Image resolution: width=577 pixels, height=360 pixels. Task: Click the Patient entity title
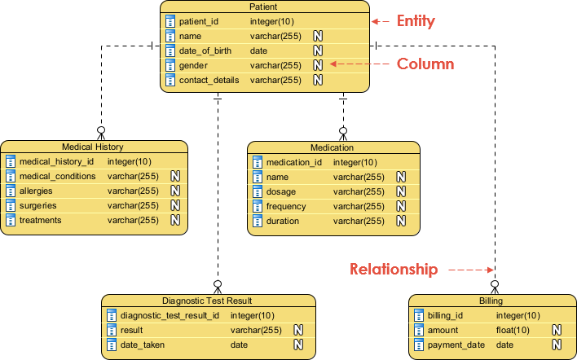(x=265, y=7)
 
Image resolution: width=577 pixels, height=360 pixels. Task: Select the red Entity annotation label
(x=416, y=21)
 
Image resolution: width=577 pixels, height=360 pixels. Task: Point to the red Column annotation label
(x=425, y=64)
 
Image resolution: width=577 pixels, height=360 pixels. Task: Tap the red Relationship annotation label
(x=394, y=270)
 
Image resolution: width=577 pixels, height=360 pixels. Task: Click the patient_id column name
(x=199, y=21)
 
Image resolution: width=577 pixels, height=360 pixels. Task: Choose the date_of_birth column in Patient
(x=206, y=50)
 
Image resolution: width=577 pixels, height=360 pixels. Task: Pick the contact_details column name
(x=209, y=80)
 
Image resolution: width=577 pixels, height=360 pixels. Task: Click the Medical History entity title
(x=93, y=147)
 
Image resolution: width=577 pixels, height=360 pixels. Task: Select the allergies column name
(x=36, y=191)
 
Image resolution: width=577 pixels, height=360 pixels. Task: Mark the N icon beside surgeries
(x=174, y=205)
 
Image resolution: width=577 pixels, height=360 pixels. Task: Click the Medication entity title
(x=333, y=147)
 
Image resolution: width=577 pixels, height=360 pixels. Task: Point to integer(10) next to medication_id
(x=355, y=162)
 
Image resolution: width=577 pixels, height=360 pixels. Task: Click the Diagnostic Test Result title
(x=207, y=301)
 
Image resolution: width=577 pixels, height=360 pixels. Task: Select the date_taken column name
(x=142, y=345)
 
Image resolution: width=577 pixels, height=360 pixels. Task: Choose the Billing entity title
(x=491, y=301)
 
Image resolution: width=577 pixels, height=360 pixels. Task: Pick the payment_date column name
(x=456, y=345)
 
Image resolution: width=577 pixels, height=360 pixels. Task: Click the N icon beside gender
(x=318, y=65)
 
